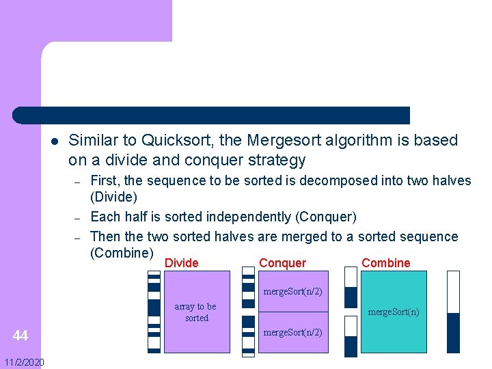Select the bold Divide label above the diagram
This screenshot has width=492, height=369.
(x=182, y=263)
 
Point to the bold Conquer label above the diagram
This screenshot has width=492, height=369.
(x=283, y=263)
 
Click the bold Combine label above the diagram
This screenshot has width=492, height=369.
(x=386, y=263)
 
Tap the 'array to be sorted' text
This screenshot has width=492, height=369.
(x=196, y=312)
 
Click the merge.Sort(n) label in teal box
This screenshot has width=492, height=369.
(x=394, y=312)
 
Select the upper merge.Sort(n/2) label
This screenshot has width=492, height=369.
(x=293, y=292)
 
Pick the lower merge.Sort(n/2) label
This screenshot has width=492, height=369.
(x=293, y=333)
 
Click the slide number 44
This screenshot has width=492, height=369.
(x=20, y=336)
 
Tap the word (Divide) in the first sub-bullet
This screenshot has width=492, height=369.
(x=113, y=197)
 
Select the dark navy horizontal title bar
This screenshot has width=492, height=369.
(x=212, y=115)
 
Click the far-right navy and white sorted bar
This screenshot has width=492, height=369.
(x=453, y=312)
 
